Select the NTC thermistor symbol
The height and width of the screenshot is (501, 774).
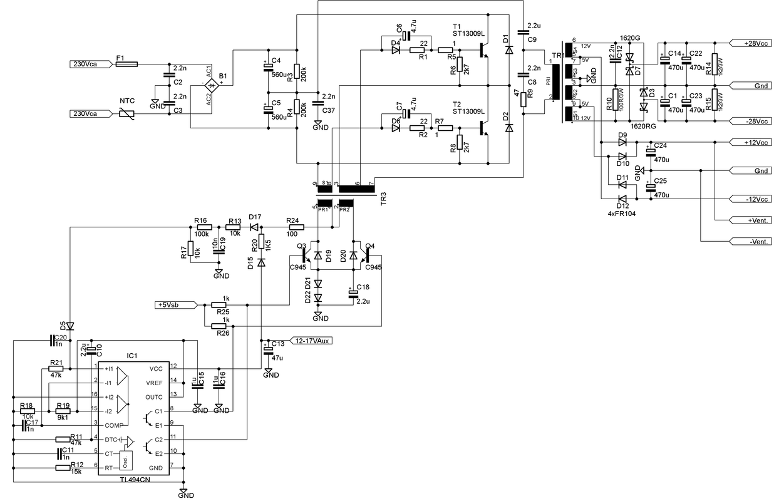coord(127,113)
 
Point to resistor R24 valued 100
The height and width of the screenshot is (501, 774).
coord(292,227)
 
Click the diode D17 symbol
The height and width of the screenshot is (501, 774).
coord(254,227)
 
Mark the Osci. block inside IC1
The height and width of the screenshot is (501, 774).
coord(127,460)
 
